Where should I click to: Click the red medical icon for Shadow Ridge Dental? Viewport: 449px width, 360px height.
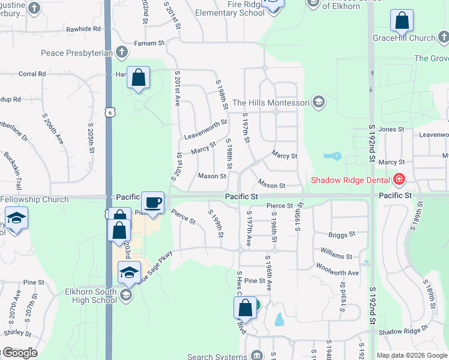(x=399, y=179)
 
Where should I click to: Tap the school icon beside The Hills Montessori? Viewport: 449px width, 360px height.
(x=319, y=102)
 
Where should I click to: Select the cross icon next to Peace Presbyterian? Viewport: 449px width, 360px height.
(x=121, y=52)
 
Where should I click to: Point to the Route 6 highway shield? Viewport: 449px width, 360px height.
(x=108, y=113)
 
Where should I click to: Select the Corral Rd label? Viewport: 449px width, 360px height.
(x=32, y=74)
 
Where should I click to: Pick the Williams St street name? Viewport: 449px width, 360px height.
(x=336, y=256)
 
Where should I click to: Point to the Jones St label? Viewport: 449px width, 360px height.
(x=391, y=129)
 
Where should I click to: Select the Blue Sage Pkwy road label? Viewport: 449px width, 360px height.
(x=154, y=266)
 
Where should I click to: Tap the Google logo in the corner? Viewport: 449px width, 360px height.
(x=20, y=353)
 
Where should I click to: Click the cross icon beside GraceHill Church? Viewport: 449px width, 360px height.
(x=442, y=38)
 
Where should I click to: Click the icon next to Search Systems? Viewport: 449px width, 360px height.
(x=258, y=356)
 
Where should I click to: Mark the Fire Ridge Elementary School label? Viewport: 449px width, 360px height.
(x=221, y=8)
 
